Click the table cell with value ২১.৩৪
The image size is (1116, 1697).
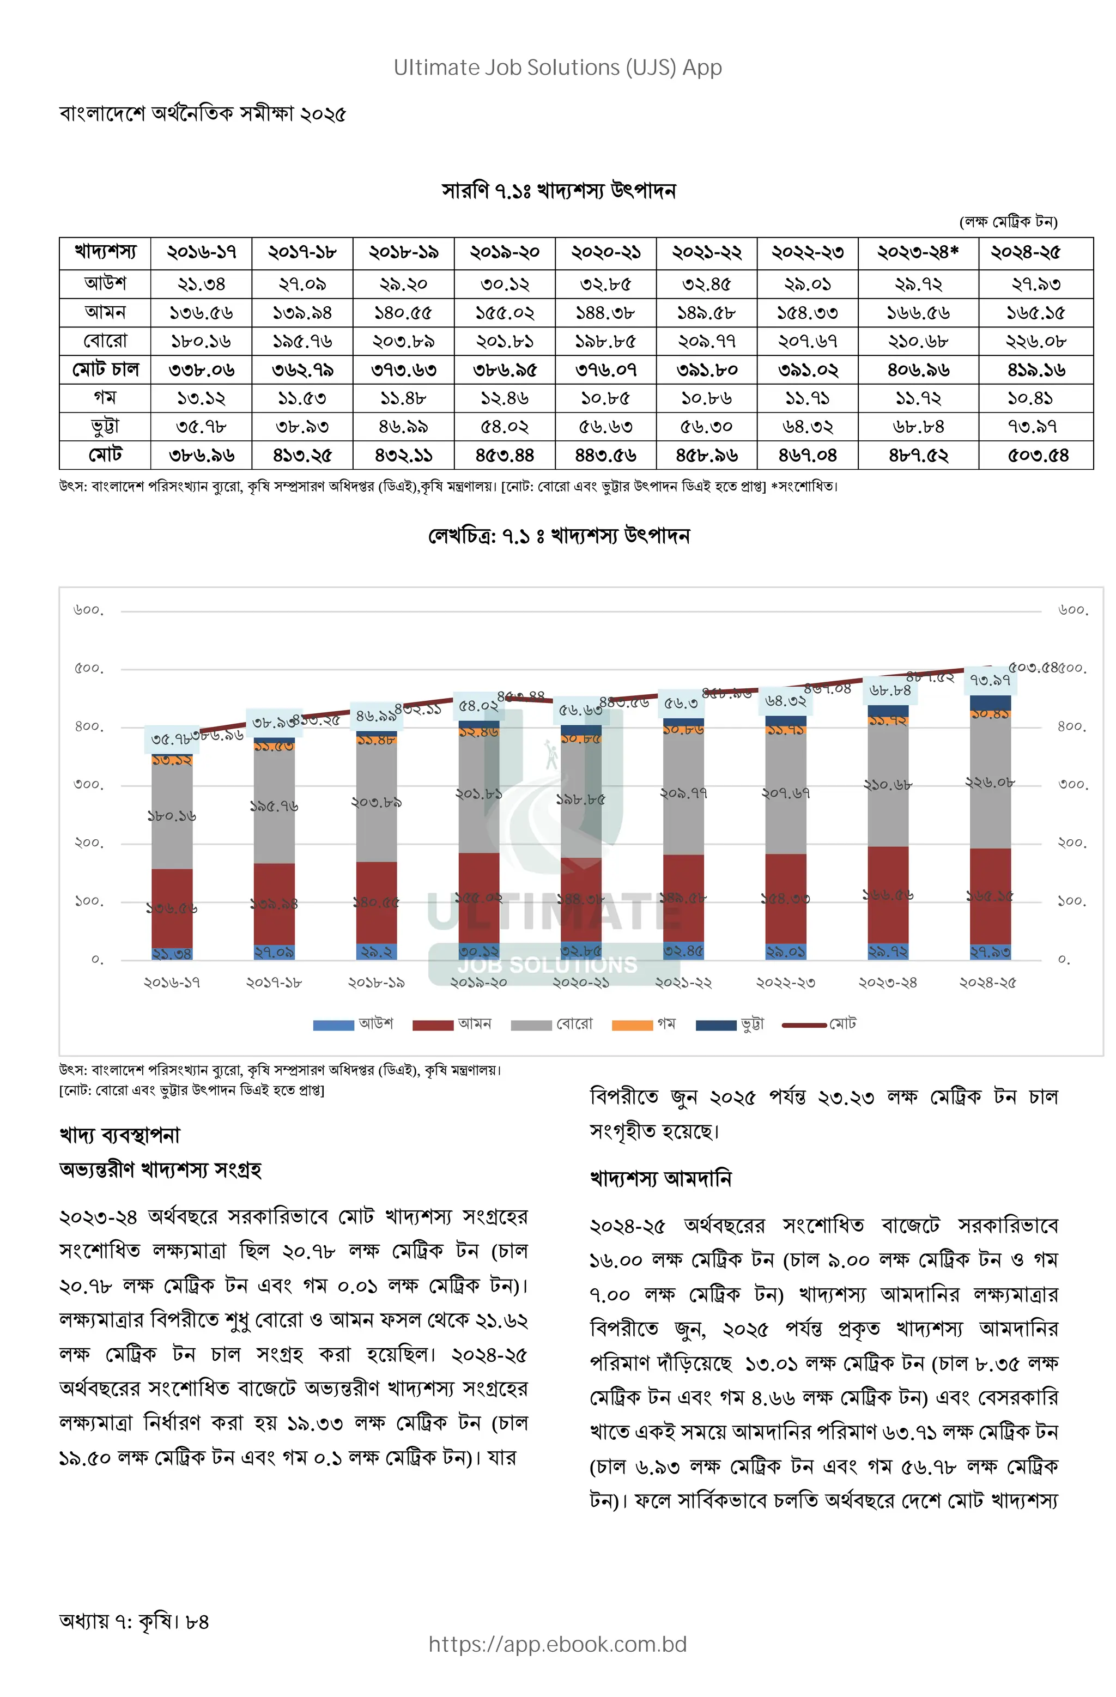tap(201, 284)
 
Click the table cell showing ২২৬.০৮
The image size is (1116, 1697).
tap(1035, 341)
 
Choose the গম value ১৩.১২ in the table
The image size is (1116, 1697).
tap(201, 398)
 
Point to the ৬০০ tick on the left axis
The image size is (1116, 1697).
tap(88, 610)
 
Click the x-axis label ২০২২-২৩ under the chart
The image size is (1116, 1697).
tap(785, 983)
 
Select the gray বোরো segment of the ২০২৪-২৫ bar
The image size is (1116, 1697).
tap(990, 781)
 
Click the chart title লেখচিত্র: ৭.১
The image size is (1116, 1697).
tap(559, 536)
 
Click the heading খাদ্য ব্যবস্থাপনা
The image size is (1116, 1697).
tap(120, 1135)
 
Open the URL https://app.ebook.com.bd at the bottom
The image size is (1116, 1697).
tap(557, 1644)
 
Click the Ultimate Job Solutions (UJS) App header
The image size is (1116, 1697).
tap(557, 68)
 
